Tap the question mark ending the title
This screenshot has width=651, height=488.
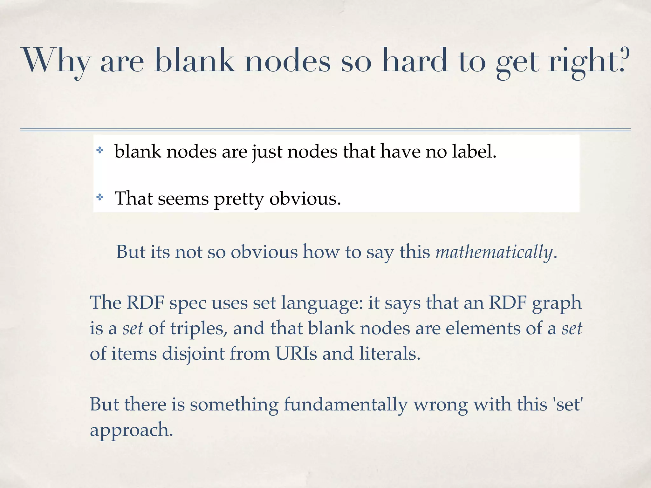624,60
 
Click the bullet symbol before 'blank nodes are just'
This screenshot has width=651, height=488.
100,150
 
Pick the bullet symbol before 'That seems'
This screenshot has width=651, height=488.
100,198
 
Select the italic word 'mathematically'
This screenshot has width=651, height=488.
494,252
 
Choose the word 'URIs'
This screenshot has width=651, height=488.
296,353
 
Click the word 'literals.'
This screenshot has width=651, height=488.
390,353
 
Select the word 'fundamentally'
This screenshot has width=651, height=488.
345,405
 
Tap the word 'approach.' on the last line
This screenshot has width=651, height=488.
131,430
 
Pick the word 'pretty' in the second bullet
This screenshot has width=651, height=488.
239,199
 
